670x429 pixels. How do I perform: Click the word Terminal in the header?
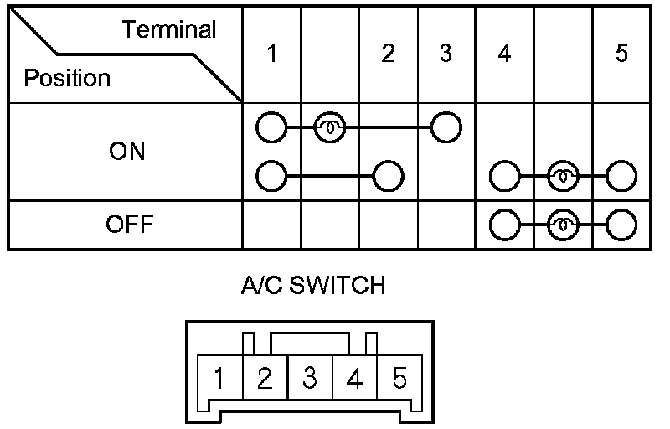click(169, 30)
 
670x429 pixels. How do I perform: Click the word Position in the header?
click(67, 79)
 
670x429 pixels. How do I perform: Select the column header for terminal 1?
click(271, 54)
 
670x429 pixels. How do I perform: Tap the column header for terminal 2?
click(387, 54)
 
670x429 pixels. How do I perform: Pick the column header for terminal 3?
click(446, 54)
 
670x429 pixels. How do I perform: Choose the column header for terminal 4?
click(504, 54)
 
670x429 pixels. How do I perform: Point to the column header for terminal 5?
click(621, 54)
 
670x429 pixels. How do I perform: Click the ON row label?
click(126, 152)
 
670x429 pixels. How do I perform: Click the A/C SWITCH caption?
click(313, 286)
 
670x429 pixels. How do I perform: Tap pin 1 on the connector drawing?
click(219, 379)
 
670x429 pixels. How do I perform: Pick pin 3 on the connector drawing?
click(310, 379)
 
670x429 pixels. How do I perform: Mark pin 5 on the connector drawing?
click(399, 379)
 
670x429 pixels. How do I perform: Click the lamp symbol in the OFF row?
click(563, 225)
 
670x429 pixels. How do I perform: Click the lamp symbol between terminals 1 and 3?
click(328, 128)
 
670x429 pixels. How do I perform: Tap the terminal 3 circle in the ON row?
click(446, 128)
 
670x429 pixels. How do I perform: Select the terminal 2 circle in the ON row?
click(388, 177)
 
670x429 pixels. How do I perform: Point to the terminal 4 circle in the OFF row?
click(503, 225)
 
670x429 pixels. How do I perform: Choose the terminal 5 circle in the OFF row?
click(621, 225)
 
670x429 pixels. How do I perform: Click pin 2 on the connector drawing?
click(265, 379)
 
